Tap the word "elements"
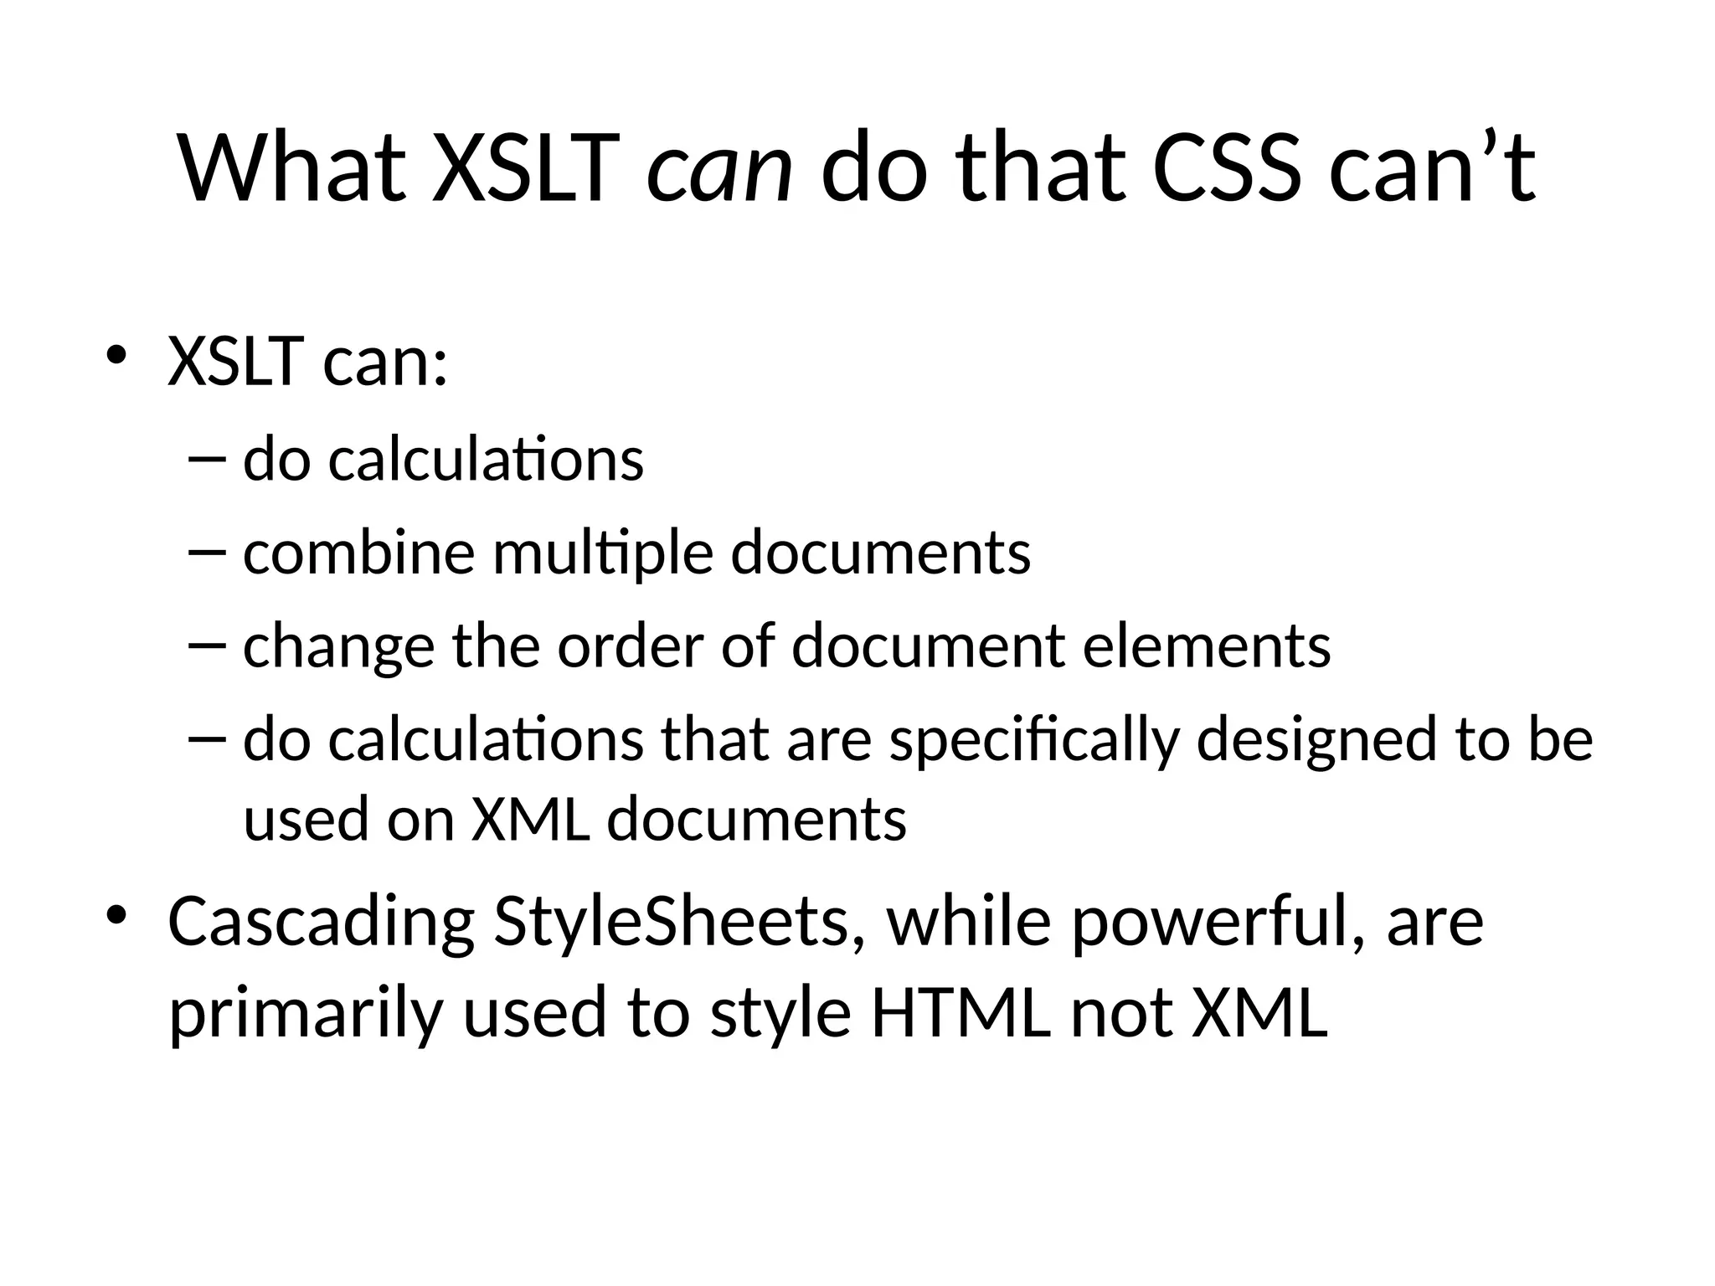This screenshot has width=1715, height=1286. click(x=1206, y=646)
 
